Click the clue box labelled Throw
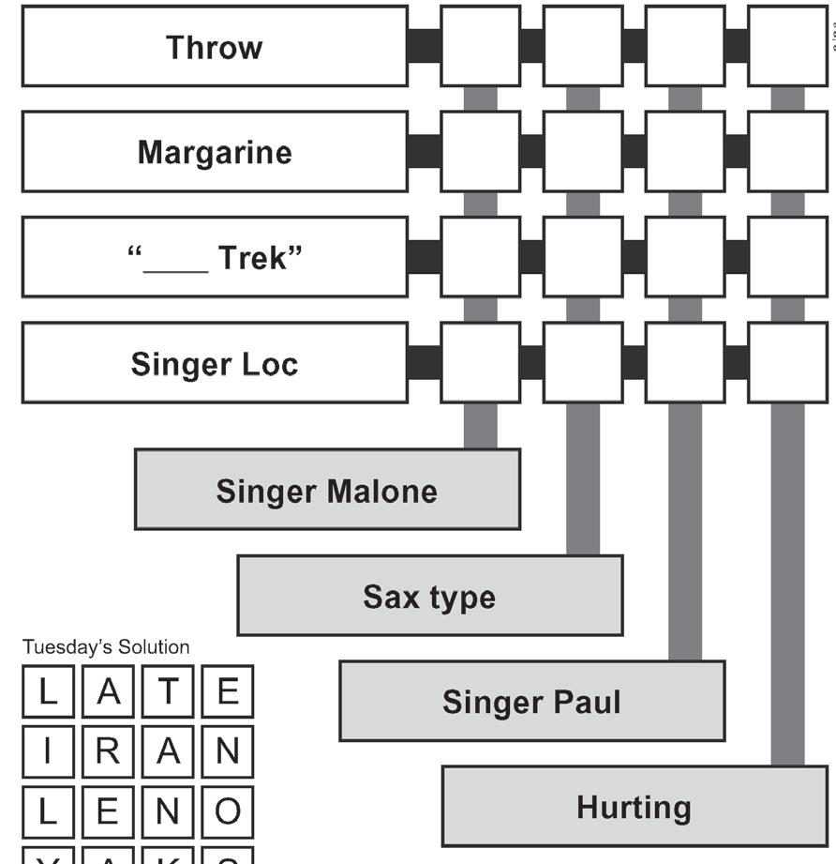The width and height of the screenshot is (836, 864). [x=215, y=47]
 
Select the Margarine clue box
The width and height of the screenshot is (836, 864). [x=215, y=152]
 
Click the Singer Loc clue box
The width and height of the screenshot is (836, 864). [x=215, y=363]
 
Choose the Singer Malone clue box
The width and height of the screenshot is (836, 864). [x=327, y=490]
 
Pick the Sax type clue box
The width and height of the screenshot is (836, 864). [x=429, y=596]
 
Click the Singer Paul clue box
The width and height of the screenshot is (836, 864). [x=531, y=701]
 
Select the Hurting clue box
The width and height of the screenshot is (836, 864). [x=634, y=807]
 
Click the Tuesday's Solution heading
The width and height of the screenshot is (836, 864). [x=106, y=647]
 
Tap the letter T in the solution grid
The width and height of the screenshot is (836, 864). [x=168, y=692]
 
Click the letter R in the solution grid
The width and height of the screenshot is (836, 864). [x=108, y=751]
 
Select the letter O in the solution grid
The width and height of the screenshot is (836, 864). [x=227, y=811]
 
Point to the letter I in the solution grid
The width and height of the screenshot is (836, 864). [x=48, y=751]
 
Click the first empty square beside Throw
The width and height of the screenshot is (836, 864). [x=481, y=47]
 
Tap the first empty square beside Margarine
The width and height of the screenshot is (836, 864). [x=481, y=152]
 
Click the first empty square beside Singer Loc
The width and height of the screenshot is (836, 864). [x=481, y=363]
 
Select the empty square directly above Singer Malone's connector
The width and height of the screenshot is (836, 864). [x=481, y=363]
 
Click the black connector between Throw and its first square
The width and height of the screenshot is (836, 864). [x=425, y=47]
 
